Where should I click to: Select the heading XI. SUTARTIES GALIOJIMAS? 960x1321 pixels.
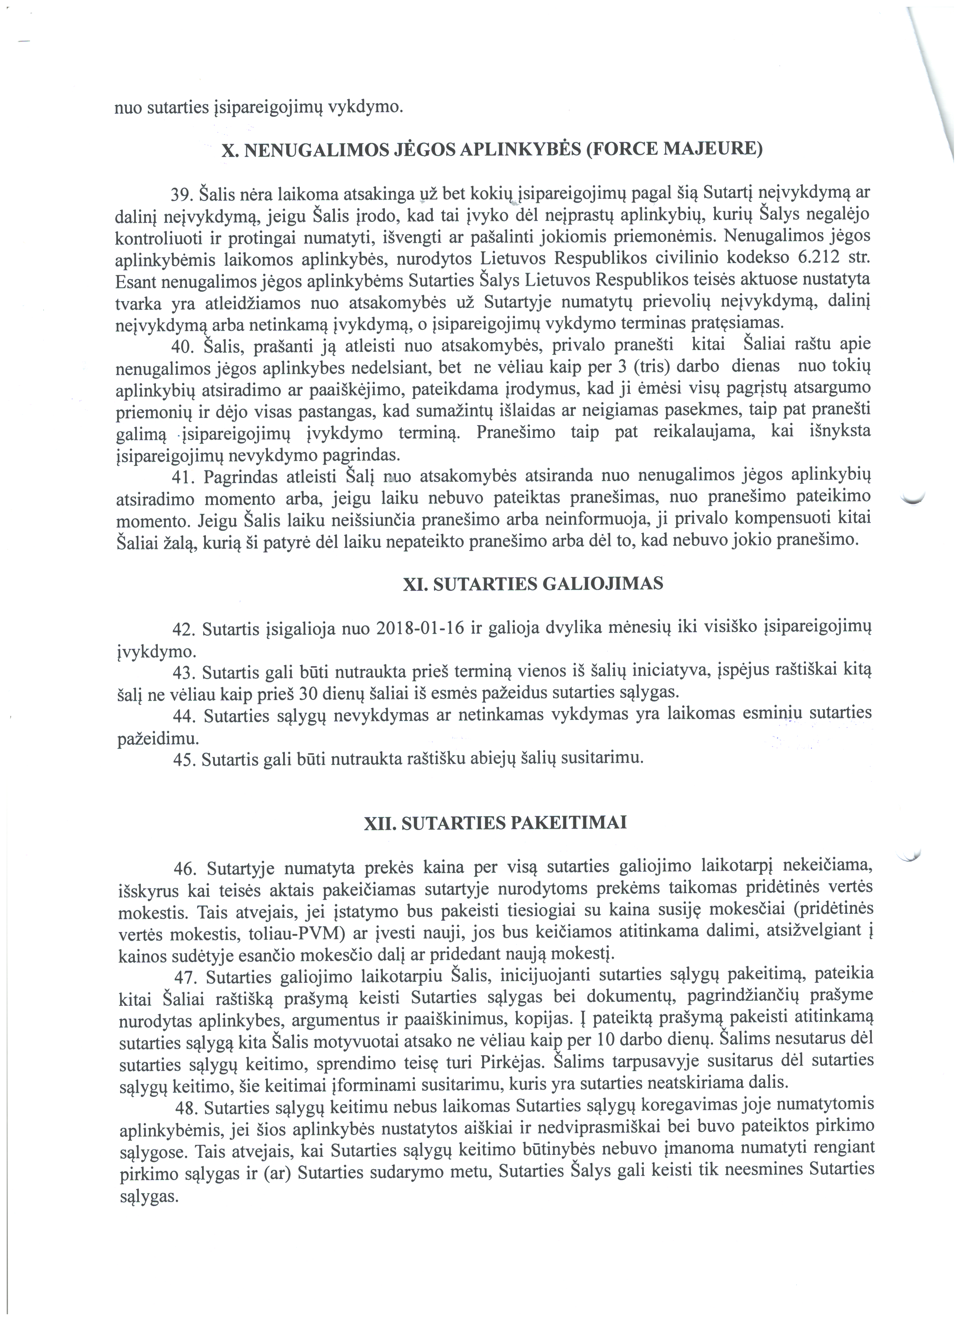pos(533,584)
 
